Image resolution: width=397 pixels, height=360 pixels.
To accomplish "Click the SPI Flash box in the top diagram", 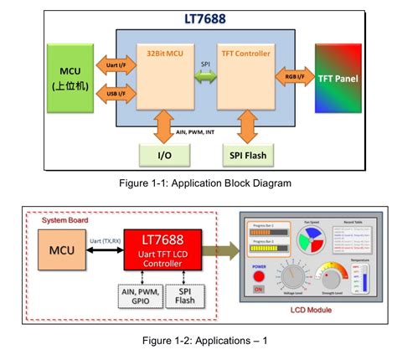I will pos(247,156).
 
